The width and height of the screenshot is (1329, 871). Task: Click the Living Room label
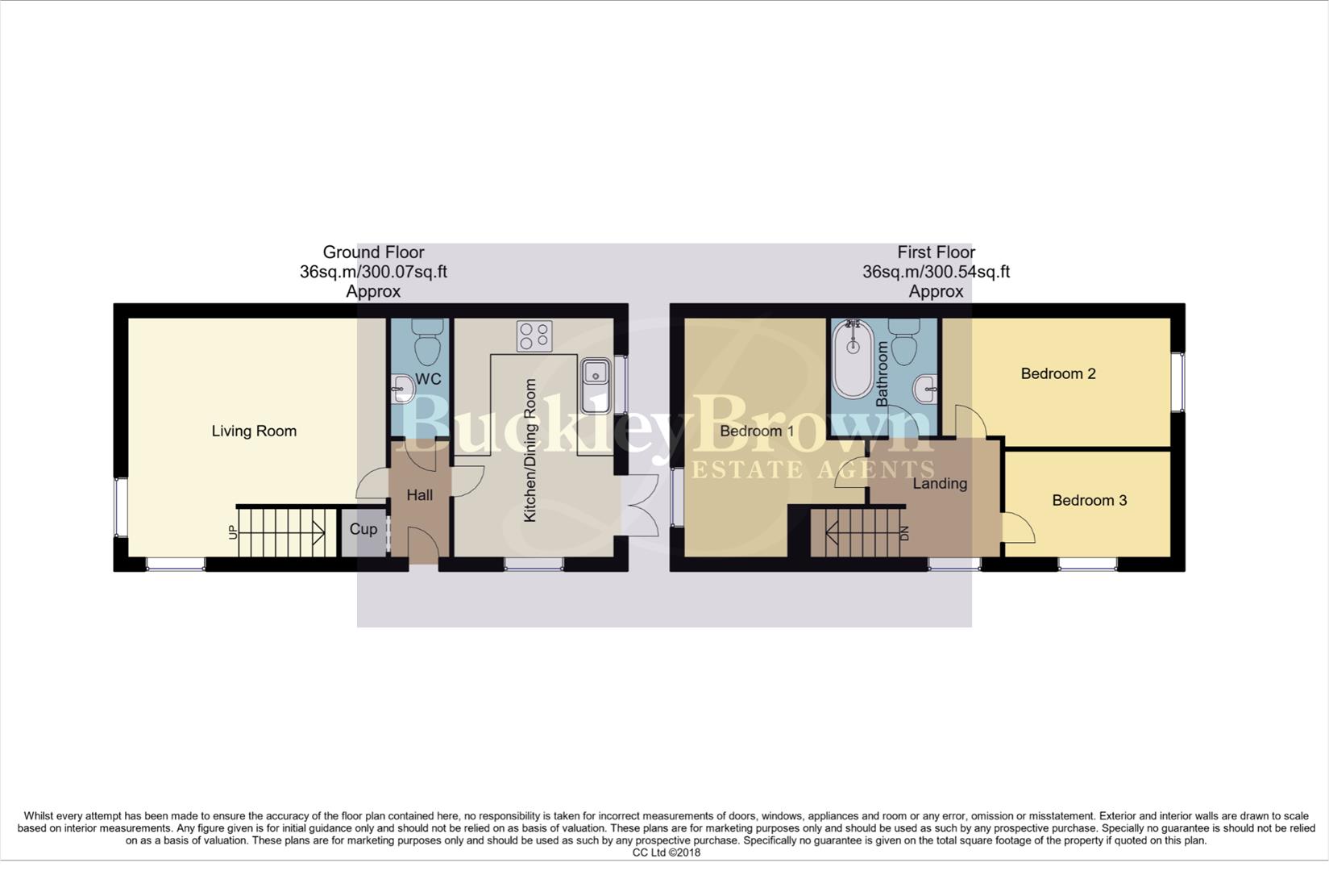pyautogui.click(x=254, y=431)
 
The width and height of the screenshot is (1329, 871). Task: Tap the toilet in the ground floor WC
pyautogui.click(x=426, y=342)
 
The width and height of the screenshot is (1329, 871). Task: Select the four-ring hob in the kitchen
pyautogui.click(x=534, y=335)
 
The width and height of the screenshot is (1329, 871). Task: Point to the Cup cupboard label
pyautogui.click(x=363, y=529)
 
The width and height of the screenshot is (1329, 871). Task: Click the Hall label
pyautogui.click(x=419, y=495)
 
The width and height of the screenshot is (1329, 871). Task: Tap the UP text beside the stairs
pyautogui.click(x=234, y=531)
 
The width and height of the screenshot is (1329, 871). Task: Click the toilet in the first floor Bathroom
pyautogui.click(x=903, y=342)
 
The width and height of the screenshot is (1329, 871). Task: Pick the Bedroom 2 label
pyautogui.click(x=1057, y=373)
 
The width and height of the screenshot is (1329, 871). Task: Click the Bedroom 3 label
pyautogui.click(x=1089, y=500)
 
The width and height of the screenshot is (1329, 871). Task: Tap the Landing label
pyautogui.click(x=939, y=483)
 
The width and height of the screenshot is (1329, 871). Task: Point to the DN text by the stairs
pyautogui.click(x=904, y=533)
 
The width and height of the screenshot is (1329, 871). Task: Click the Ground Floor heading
pyautogui.click(x=373, y=252)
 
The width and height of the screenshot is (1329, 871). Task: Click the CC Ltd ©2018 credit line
pyautogui.click(x=666, y=852)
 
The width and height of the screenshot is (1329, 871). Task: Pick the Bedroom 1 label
pyautogui.click(x=756, y=431)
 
